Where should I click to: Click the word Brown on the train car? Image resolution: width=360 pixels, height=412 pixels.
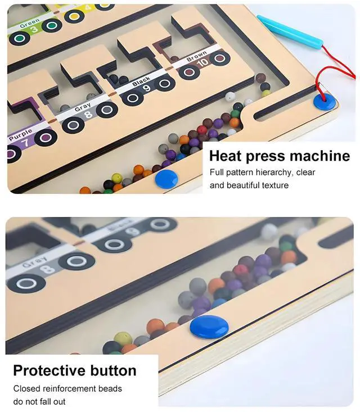tap(196, 57)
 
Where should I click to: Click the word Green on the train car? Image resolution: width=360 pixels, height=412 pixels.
tap(29, 25)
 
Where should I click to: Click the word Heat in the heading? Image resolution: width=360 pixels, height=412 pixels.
tap(226, 156)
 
